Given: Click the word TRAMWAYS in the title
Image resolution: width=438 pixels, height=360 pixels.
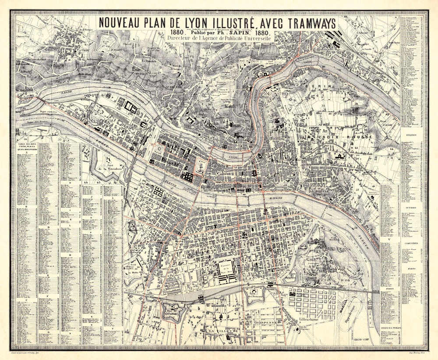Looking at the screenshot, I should point(300,23).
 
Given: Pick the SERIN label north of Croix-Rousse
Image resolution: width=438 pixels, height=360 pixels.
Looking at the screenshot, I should point(322,88).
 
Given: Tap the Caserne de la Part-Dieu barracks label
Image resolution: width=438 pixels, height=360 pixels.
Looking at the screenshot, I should point(227,268).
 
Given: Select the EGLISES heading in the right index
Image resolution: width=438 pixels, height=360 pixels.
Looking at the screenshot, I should point(411,135).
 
